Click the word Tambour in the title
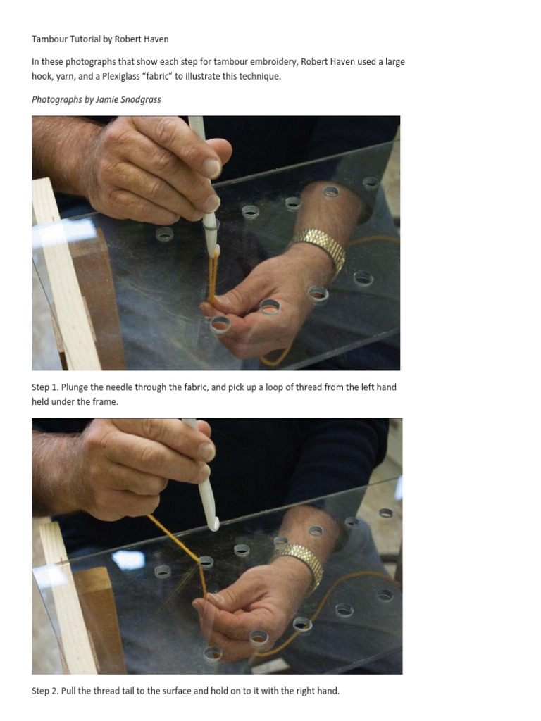50,39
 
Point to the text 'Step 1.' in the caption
45,387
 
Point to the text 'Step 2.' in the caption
45,691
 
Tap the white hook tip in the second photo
214,525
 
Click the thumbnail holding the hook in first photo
211,168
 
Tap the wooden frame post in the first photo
64,276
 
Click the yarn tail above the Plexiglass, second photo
174,538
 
